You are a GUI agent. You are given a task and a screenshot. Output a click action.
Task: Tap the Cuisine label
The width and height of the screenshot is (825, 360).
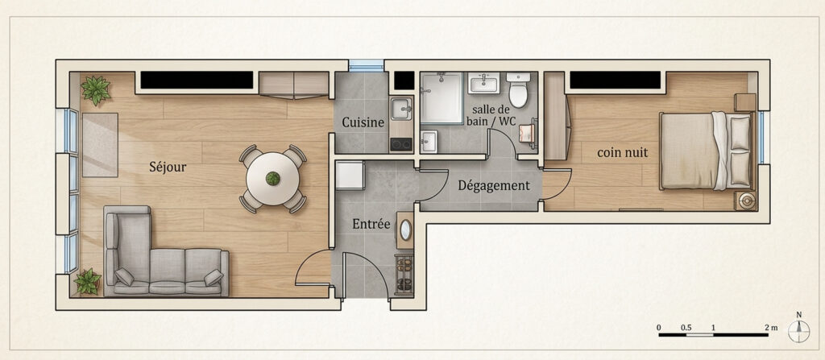tap(363, 122)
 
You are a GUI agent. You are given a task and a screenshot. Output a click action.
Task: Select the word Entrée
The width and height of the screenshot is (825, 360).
tap(371, 225)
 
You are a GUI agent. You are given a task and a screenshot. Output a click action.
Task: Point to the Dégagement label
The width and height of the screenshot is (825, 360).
tap(494, 186)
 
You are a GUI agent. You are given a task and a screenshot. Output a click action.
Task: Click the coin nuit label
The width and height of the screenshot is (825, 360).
tap(623, 153)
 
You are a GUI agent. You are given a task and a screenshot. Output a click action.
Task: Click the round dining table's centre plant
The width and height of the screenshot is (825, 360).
tap(272, 179)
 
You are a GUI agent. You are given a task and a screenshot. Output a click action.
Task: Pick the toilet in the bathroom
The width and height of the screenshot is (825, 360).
tap(519, 90)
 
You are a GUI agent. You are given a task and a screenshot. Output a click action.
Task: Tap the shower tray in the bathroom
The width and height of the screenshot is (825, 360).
tap(441, 98)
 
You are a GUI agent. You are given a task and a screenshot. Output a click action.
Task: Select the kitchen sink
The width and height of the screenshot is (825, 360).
tap(402, 109)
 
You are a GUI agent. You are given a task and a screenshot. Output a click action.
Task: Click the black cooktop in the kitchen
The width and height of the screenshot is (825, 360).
tap(401, 144)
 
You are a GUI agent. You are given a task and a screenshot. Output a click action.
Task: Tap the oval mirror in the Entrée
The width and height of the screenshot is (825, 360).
tap(406, 230)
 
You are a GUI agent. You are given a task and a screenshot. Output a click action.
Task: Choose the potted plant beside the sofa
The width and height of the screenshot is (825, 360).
tap(88, 282)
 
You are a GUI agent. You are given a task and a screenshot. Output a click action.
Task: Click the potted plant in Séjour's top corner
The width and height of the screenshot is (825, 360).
tap(96, 90)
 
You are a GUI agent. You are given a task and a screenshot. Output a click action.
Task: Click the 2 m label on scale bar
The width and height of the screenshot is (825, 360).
tap(771, 327)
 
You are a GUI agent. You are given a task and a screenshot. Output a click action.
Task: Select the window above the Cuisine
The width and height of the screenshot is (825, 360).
tap(367, 66)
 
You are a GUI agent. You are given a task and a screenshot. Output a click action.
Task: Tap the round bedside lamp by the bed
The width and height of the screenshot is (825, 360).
tap(747, 201)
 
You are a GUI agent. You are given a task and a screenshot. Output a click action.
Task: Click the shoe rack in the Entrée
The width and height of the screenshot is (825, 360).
tap(404, 274)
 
